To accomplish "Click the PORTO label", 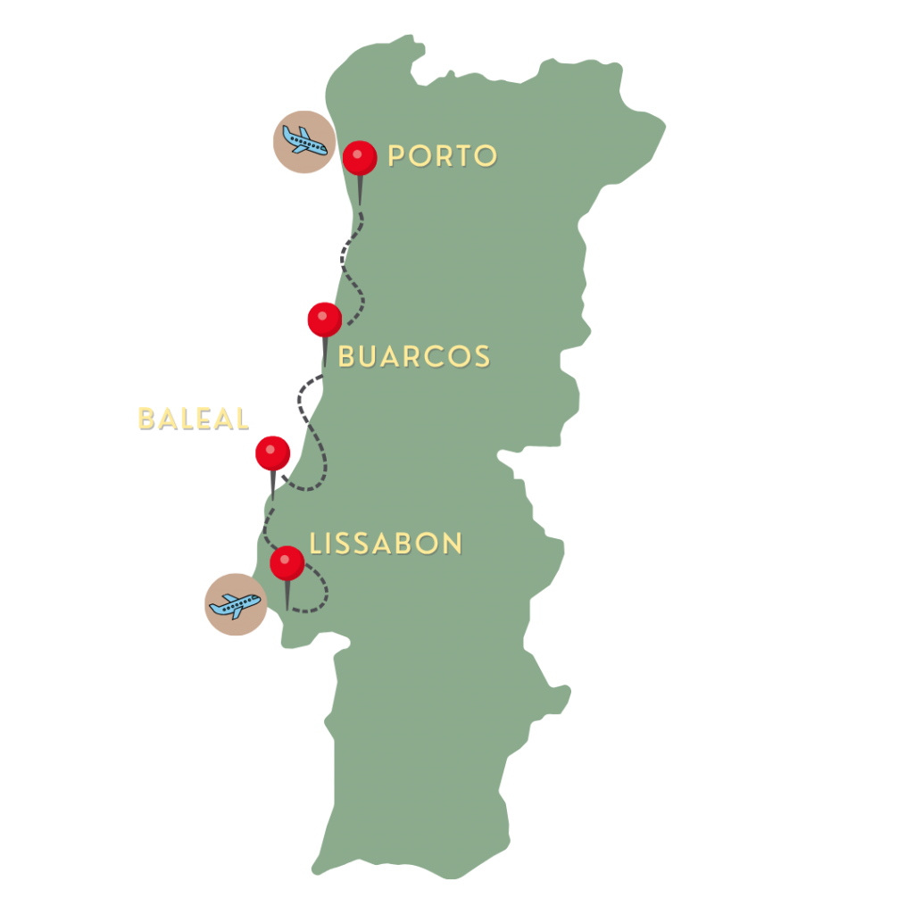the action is (x=442, y=156).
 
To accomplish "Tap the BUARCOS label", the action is (x=414, y=357).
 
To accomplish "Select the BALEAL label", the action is (x=192, y=419).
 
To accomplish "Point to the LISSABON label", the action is (x=386, y=544).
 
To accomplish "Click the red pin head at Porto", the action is (x=360, y=158).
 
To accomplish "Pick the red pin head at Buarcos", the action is (x=324, y=319).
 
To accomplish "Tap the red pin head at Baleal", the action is (x=272, y=453).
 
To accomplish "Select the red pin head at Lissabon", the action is (x=287, y=562).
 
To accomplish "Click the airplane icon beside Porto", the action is (x=303, y=141).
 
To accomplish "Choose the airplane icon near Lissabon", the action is (x=235, y=604).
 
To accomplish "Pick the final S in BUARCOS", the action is (x=482, y=357).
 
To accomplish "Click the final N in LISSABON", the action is (x=453, y=544).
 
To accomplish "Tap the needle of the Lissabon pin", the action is (x=287, y=594).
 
